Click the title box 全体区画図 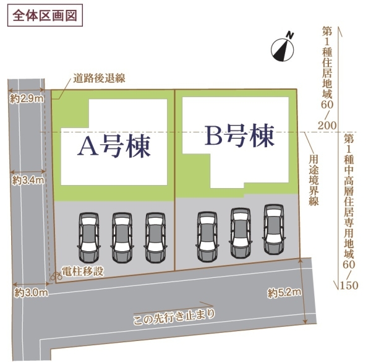pyautogui.click(x=45, y=15)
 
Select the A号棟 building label pyautogui.click(x=114, y=147)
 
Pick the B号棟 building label pyautogui.click(x=239, y=135)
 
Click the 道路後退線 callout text pyautogui.click(x=99, y=79)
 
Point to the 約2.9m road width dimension pyautogui.click(x=27, y=98)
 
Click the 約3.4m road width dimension pyautogui.click(x=28, y=181)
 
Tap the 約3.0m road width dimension pyautogui.click(x=31, y=293)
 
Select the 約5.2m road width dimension pyautogui.click(x=284, y=293)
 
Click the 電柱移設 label pyautogui.click(x=83, y=271)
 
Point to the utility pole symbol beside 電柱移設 pyautogui.click(x=56, y=276)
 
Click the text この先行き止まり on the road pyautogui.click(x=174, y=317)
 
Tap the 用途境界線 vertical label pyautogui.click(x=313, y=180)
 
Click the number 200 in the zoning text pyautogui.click(x=327, y=126)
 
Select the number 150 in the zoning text pyautogui.click(x=349, y=285)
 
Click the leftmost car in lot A pyautogui.click(x=88, y=237)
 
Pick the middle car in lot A pyautogui.click(x=122, y=237)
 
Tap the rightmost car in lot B pyautogui.click(x=274, y=229)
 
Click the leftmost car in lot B pyautogui.click(x=207, y=237)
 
